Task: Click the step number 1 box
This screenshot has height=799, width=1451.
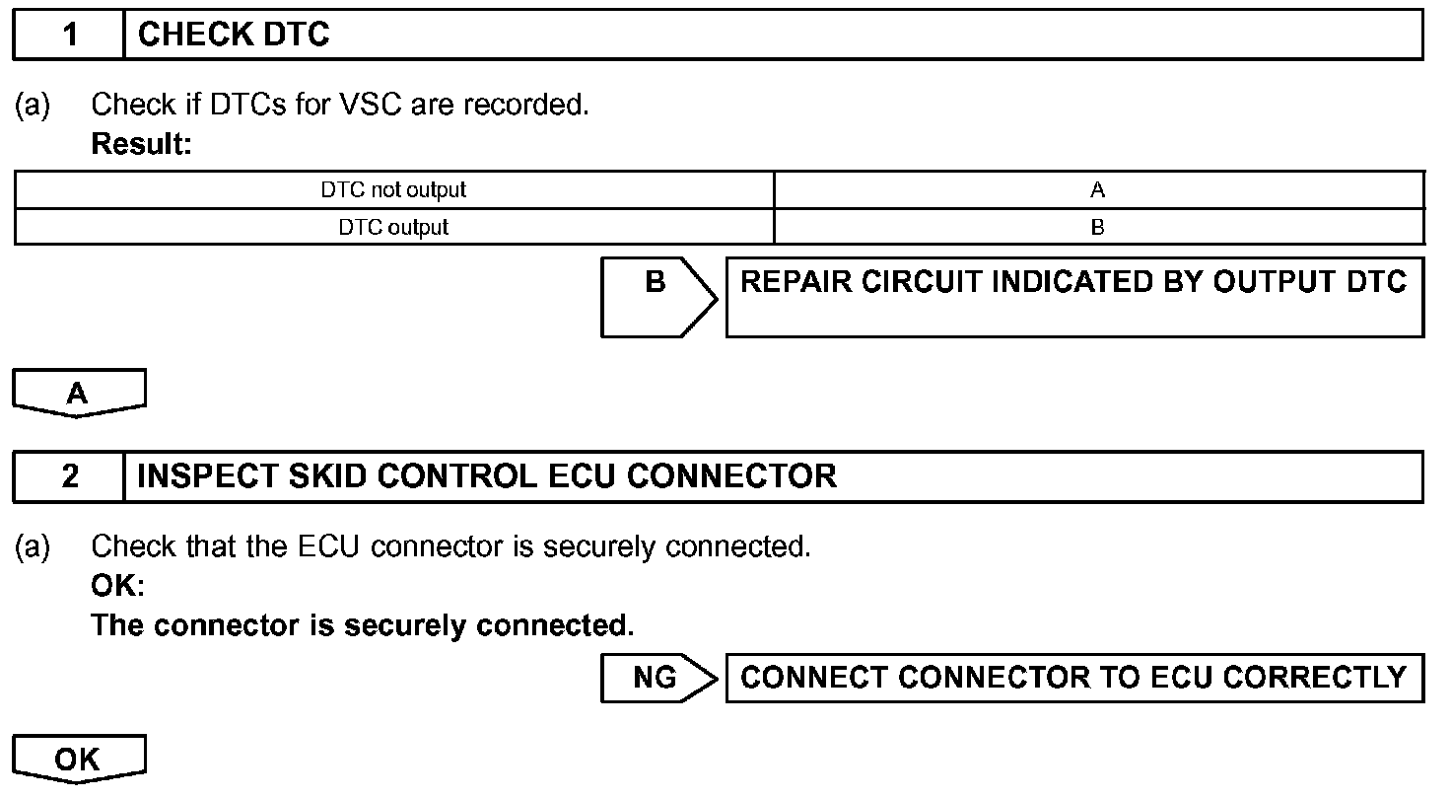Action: click(69, 36)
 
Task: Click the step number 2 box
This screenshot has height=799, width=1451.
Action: click(69, 476)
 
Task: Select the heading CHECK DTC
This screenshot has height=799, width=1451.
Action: click(234, 36)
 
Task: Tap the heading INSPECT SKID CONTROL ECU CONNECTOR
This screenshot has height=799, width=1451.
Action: click(487, 476)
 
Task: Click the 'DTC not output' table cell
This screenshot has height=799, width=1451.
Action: click(393, 189)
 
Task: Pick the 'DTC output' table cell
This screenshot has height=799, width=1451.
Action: click(393, 227)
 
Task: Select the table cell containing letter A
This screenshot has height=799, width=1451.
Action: click(1098, 189)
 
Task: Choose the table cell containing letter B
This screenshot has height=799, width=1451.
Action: click(1098, 227)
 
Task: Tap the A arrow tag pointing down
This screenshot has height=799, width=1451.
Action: click(79, 394)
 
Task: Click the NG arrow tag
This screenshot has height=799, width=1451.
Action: click(657, 678)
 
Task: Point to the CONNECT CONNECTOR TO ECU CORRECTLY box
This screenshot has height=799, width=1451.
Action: click(1074, 678)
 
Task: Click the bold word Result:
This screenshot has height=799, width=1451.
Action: click(141, 144)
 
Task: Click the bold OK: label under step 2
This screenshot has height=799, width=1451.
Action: click(117, 586)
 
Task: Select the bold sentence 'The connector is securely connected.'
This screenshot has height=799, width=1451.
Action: click(363, 625)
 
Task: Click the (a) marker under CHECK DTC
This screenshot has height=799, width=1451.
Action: click(32, 105)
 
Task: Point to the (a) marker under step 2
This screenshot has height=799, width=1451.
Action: click(32, 545)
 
